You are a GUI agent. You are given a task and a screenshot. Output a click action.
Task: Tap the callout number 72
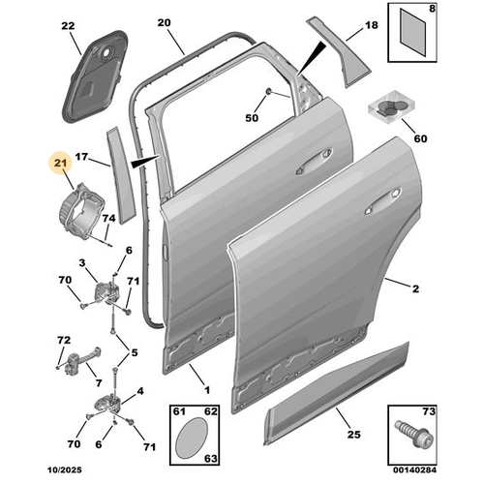[63, 342]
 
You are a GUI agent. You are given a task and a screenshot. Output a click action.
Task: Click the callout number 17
[82, 156]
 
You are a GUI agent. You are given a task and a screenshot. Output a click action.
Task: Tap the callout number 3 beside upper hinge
[83, 263]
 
